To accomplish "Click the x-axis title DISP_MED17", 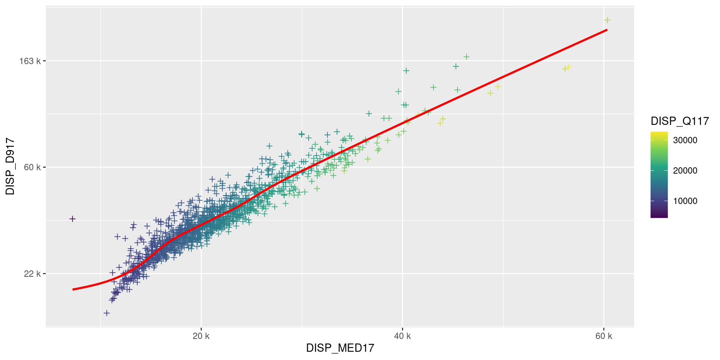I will click(x=340, y=348).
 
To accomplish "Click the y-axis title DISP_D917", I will click(x=10, y=166).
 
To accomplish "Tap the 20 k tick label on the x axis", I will click(x=201, y=336).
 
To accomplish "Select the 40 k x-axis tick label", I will click(x=402, y=336).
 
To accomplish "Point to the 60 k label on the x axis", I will click(x=603, y=336).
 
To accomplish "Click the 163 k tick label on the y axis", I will click(x=30, y=61).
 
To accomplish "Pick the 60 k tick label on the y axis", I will click(x=32, y=167).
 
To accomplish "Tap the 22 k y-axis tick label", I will click(x=32, y=274).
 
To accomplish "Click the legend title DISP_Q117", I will click(x=679, y=121).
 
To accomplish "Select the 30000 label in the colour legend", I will click(x=685, y=140).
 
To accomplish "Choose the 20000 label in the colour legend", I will click(x=685, y=171).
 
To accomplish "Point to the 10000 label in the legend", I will click(x=685, y=201).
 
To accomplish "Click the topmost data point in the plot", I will click(x=607, y=20).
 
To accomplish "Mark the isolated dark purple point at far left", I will click(x=72, y=219).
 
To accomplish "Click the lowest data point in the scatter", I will click(x=106, y=313).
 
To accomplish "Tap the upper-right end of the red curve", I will click(x=606, y=30).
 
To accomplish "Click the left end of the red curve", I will click(x=73, y=289).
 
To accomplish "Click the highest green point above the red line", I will click(x=466, y=57).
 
